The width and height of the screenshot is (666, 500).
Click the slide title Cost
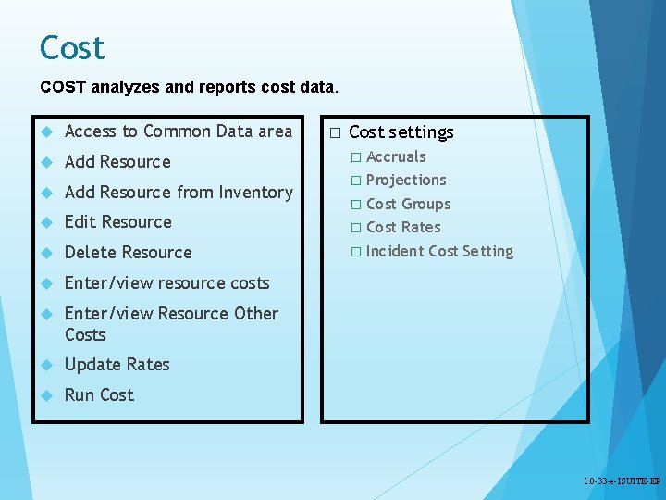[x=72, y=48]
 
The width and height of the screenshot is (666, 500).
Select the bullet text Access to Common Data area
[x=178, y=131]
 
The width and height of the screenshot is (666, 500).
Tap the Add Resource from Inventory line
[x=178, y=193]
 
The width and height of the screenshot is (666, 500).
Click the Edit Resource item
[x=117, y=222]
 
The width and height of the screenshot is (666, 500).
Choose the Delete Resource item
[x=128, y=253]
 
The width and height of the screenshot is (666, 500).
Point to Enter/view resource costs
[x=166, y=283]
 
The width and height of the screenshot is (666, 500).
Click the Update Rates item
[x=117, y=365]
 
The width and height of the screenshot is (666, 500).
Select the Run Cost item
[x=99, y=395]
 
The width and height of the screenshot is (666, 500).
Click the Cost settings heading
[x=401, y=132]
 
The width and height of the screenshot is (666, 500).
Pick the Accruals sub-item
[x=396, y=157]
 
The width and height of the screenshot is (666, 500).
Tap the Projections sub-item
[x=406, y=181]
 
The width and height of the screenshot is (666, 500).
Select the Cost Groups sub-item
[x=408, y=205]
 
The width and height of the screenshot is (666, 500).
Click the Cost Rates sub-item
[x=403, y=228]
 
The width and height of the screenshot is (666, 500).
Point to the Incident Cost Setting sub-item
[x=439, y=252]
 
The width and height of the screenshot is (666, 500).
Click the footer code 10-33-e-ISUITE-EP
[x=622, y=482]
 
